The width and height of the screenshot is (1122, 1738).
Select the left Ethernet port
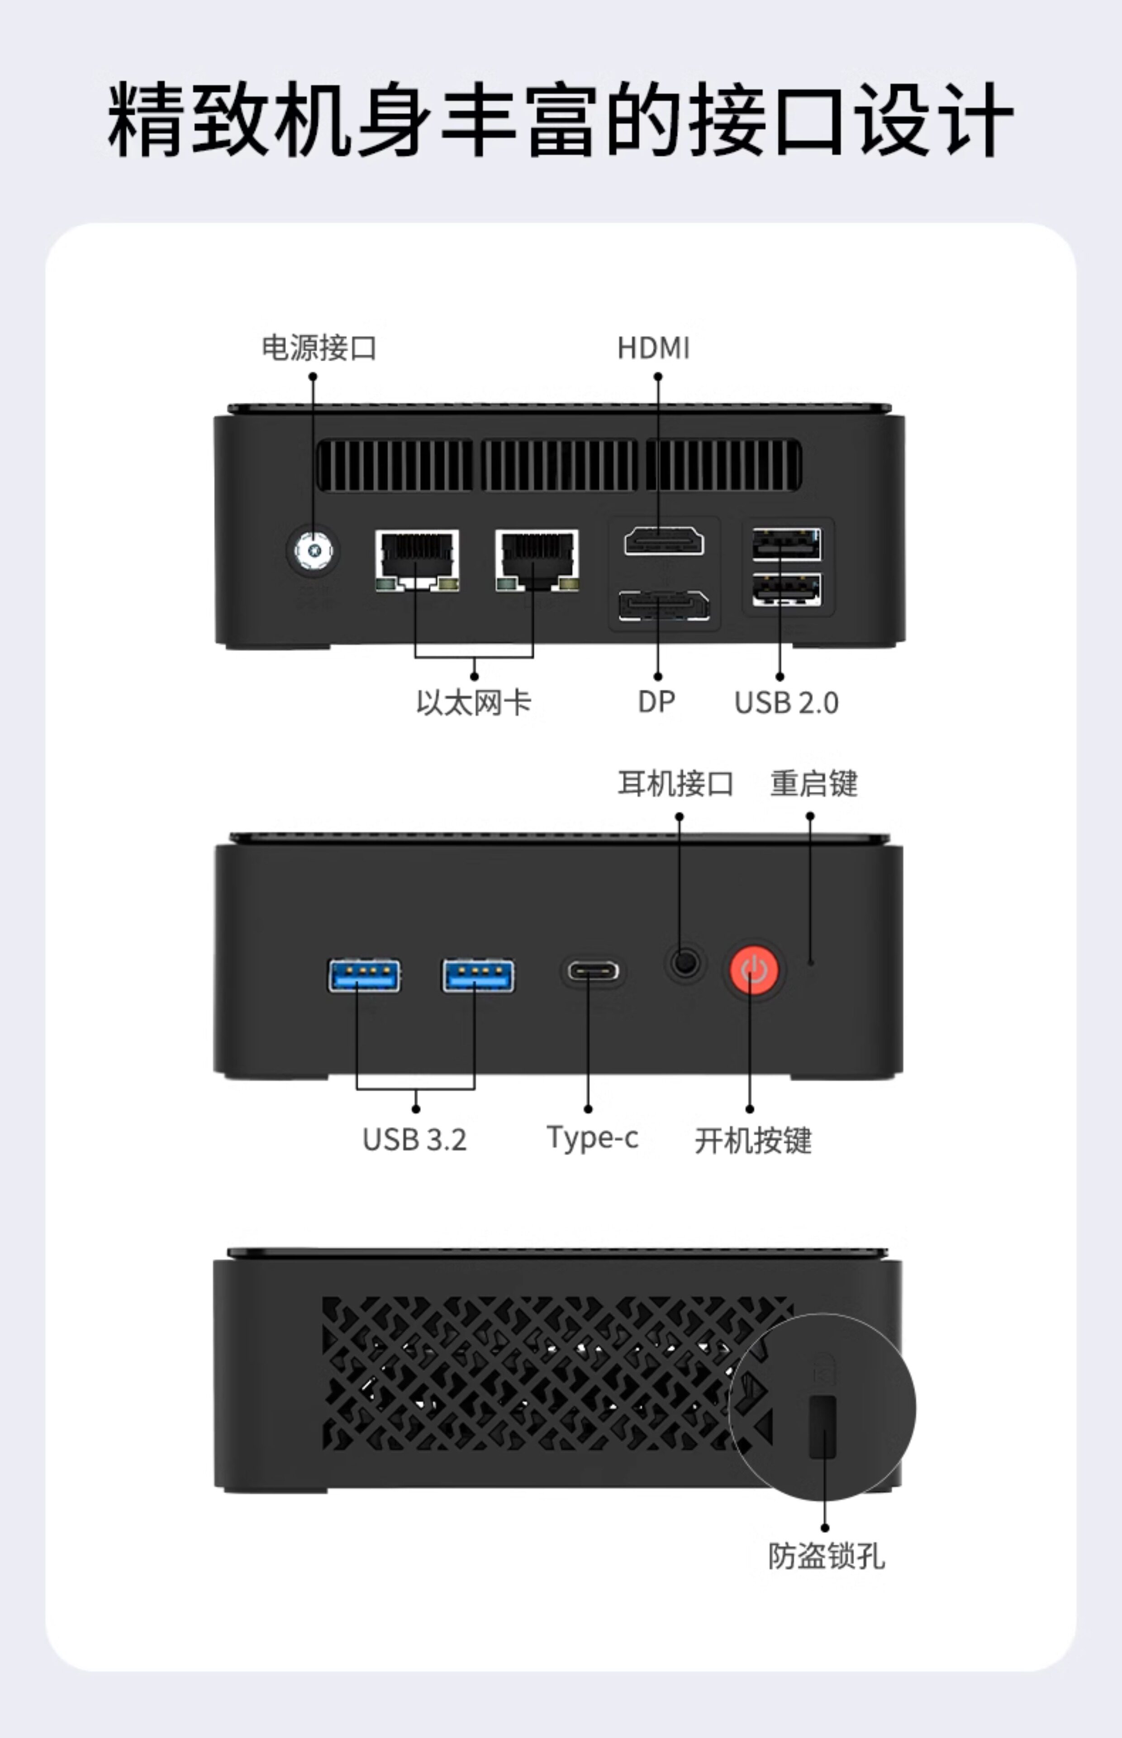tap(417, 560)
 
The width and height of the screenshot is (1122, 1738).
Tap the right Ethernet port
tap(537, 560)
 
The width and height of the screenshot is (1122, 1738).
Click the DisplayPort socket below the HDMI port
tap(664, 606)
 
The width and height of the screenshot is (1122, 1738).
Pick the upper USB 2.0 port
tap(786, 544)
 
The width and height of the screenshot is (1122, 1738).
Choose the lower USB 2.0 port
tap(786, 590)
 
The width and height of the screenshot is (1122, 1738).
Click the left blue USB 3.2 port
tap(364, 976)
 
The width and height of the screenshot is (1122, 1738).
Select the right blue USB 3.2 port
tap(478, 976)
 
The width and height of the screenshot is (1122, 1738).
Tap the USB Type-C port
tap(593, 971)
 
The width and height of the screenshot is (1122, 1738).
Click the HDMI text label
tap(654, 349)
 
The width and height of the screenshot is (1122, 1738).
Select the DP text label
tap(656, 702)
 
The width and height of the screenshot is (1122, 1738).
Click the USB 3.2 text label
tap(414, 1140)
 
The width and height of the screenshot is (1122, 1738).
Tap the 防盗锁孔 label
tap(826, 1556)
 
